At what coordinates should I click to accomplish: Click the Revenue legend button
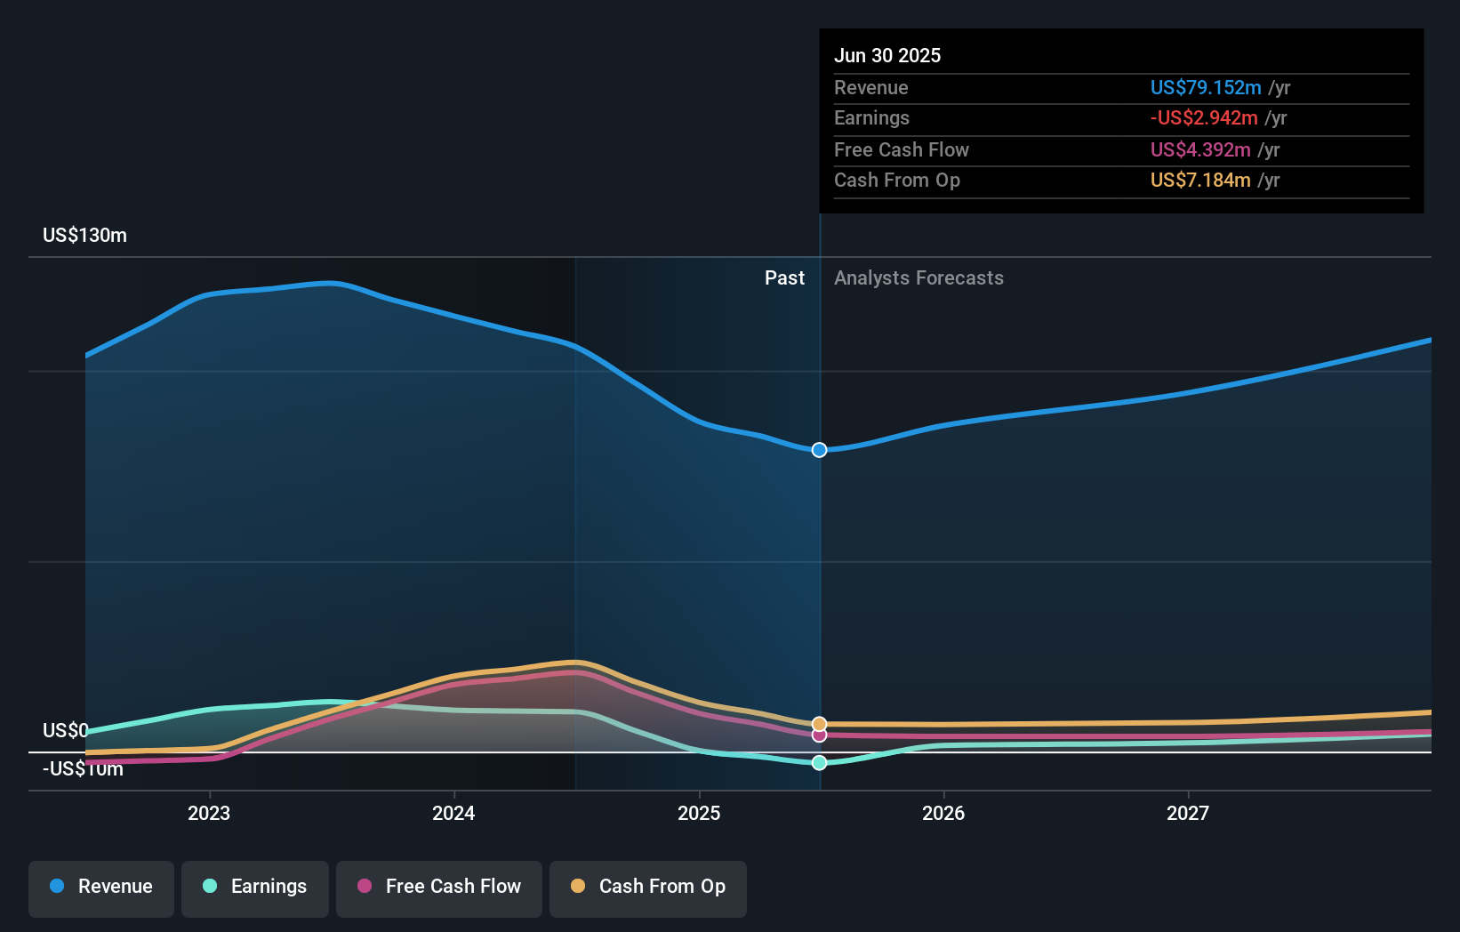[101, 887]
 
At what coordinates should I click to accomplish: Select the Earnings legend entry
[255, 887]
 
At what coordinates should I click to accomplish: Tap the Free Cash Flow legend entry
[439, 887]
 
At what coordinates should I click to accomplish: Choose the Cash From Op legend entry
[648, 887]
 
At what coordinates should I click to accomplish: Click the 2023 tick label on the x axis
[209, 813]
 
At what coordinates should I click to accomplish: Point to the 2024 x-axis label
[453, 813]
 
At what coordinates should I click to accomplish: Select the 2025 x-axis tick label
[699, 813]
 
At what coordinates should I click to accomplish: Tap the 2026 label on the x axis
[943, 813]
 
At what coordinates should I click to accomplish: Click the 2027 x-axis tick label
[1188, 813]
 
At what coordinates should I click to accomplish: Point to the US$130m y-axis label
[84, 236]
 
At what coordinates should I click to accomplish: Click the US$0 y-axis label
[65, 730]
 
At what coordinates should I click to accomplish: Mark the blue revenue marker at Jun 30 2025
[819, 450]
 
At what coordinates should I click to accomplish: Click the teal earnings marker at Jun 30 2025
[819, 763]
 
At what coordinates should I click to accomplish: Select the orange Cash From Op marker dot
[819, 724]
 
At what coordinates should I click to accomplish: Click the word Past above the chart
[784, 278]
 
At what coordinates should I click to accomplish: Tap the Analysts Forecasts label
[919, 278]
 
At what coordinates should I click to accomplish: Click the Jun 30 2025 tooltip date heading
[886, 55]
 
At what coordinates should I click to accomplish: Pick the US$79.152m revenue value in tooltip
[1205, 88]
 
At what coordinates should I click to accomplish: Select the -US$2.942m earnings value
[1203, 118]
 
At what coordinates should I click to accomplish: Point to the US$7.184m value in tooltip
[1199, 181]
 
